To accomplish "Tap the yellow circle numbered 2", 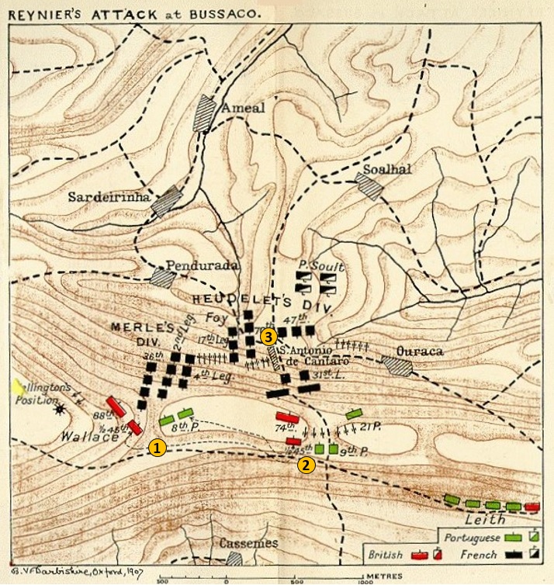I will pyautogui.click(x=306, y=465).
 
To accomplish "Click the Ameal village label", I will pyautogui.click(x=243, y=109).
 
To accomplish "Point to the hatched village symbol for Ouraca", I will pyautogui.click(x=397, y=365).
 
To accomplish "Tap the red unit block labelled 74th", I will pyautogui.click(x=288, y=417).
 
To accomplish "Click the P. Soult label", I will pyautogui.click(x=321, y=265).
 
